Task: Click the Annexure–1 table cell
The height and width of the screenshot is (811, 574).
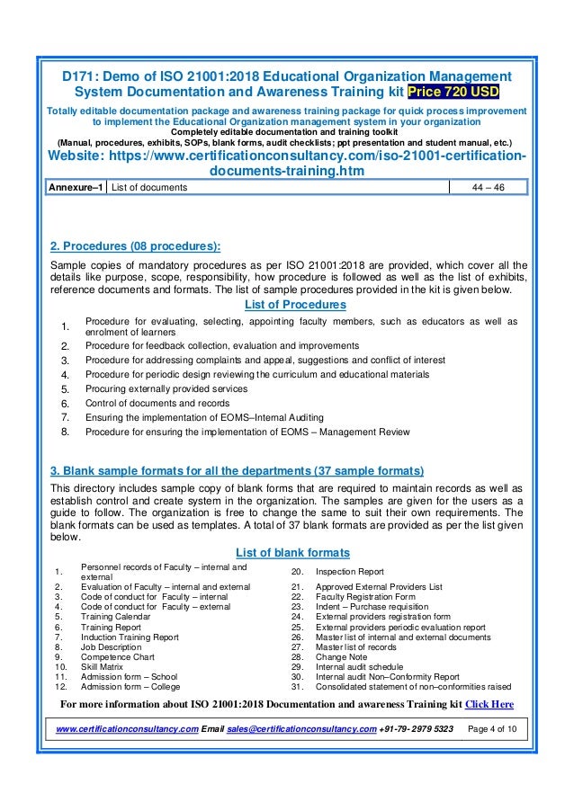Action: [76, 187]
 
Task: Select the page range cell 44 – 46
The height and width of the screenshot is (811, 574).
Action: [489, 187]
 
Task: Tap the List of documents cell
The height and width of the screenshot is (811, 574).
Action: [149, 187]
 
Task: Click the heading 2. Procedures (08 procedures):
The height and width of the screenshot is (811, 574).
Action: [135, 246]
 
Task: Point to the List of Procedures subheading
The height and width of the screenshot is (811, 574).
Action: [295, 306]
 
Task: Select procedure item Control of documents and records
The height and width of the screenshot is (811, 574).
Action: [157, 403]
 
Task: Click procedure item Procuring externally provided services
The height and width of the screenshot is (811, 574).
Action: [166, 388]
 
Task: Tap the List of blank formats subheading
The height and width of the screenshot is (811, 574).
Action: [292, 552]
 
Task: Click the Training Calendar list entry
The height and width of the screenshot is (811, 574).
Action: [116, 617]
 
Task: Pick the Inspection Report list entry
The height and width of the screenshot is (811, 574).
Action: [349, 572]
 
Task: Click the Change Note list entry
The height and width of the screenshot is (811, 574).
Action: [342, 656]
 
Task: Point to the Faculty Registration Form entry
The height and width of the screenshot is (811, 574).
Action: [365, 597]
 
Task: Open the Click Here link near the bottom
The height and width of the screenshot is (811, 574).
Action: [489, 704]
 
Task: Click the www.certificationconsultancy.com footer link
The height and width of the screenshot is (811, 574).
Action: [127, 726]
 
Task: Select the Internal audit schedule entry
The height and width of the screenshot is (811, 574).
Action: [360, 666]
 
